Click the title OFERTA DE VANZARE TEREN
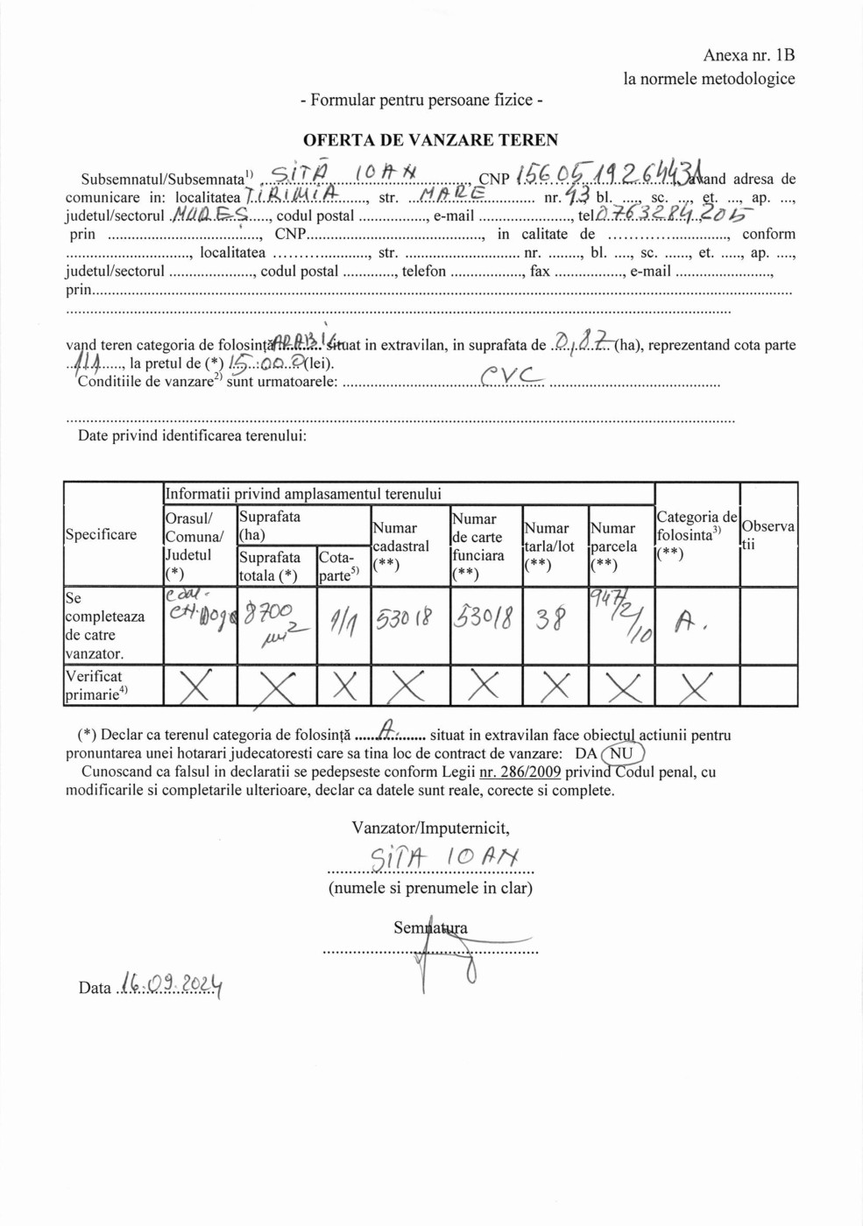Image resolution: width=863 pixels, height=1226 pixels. [430, 140]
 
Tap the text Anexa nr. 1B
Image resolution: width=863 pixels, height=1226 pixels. [748, 55]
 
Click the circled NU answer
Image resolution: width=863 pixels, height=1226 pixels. [622, 753]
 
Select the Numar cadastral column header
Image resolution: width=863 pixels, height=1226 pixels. [400, 546]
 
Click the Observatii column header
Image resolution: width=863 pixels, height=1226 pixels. [768, 534]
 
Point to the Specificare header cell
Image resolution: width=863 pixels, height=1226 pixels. [101, 534]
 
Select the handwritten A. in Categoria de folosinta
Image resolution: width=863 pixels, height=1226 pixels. [690, 623]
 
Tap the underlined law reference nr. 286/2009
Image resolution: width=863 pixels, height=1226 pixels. [520, 772]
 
